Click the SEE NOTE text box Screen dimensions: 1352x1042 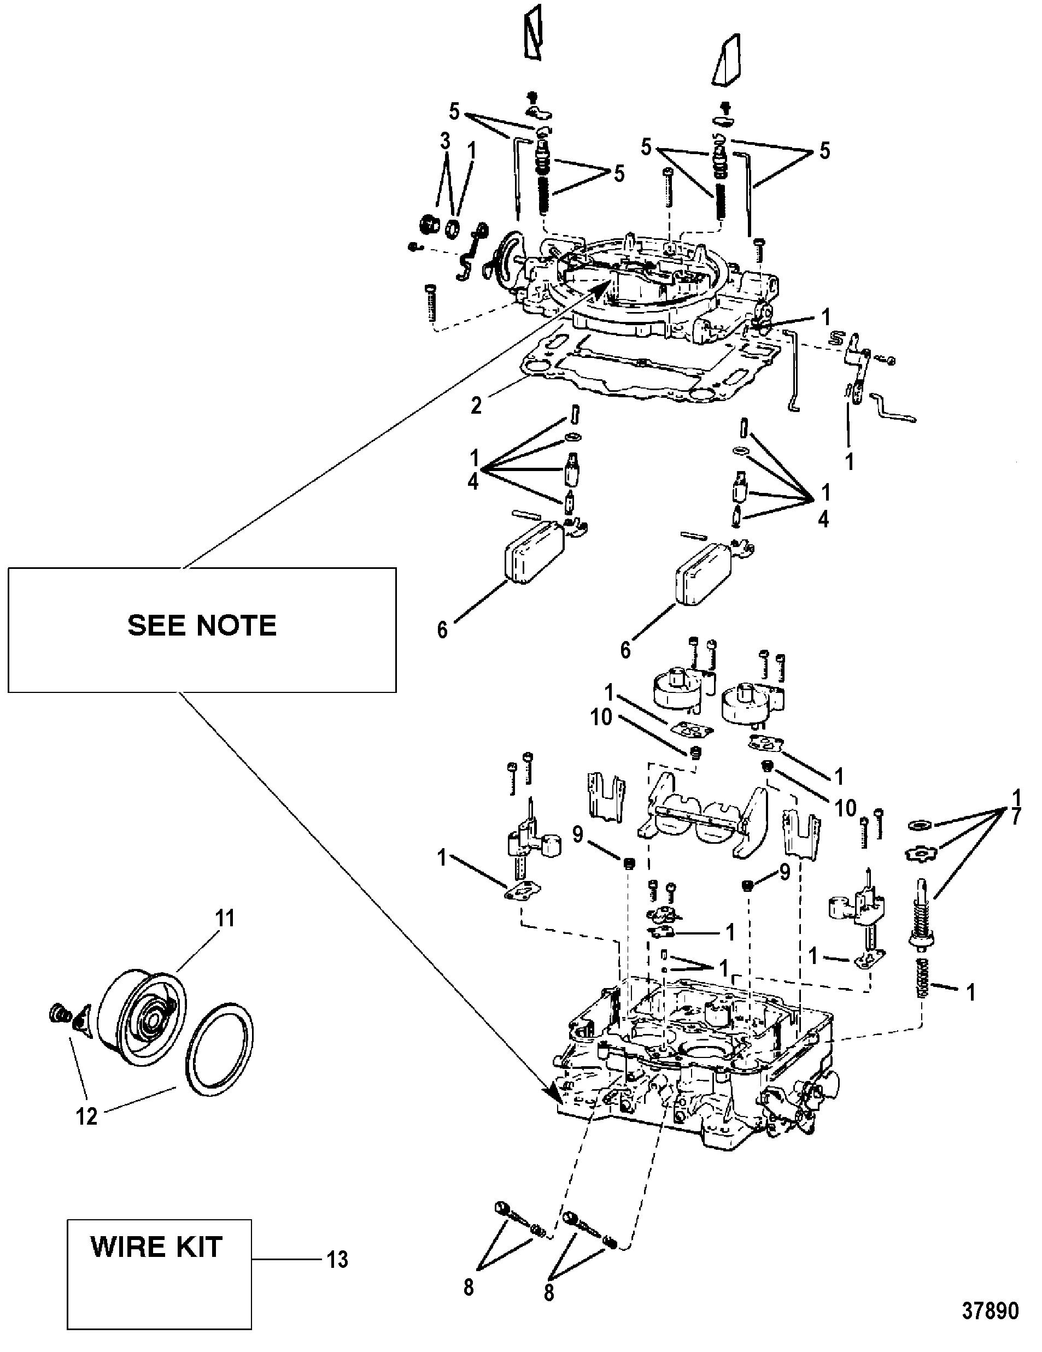202,629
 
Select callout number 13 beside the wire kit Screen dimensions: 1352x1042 337,1260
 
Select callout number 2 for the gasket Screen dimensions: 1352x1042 476,406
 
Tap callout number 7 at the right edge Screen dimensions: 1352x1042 1016,817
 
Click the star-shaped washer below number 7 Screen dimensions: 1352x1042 921,854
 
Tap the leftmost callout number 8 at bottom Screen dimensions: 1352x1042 469,1288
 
